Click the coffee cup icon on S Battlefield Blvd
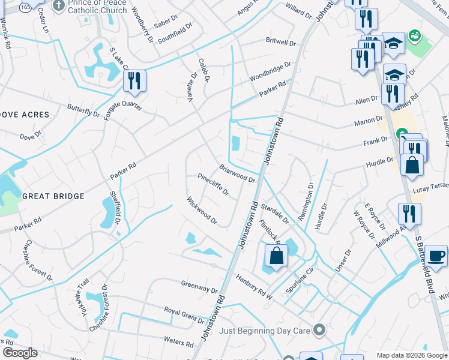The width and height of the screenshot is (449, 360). [436, 256]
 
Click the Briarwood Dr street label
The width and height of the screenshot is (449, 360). [237, 174]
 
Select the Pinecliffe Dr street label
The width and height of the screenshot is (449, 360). [214, 184]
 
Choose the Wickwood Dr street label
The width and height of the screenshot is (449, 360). [202, 211]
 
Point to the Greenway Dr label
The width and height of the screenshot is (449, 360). [199, 286]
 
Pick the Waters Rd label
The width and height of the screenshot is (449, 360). [179, 341]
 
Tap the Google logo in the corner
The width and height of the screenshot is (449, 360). [20, 353]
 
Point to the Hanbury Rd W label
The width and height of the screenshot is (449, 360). [253, 289]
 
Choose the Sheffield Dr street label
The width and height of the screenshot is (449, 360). [118, 208]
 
